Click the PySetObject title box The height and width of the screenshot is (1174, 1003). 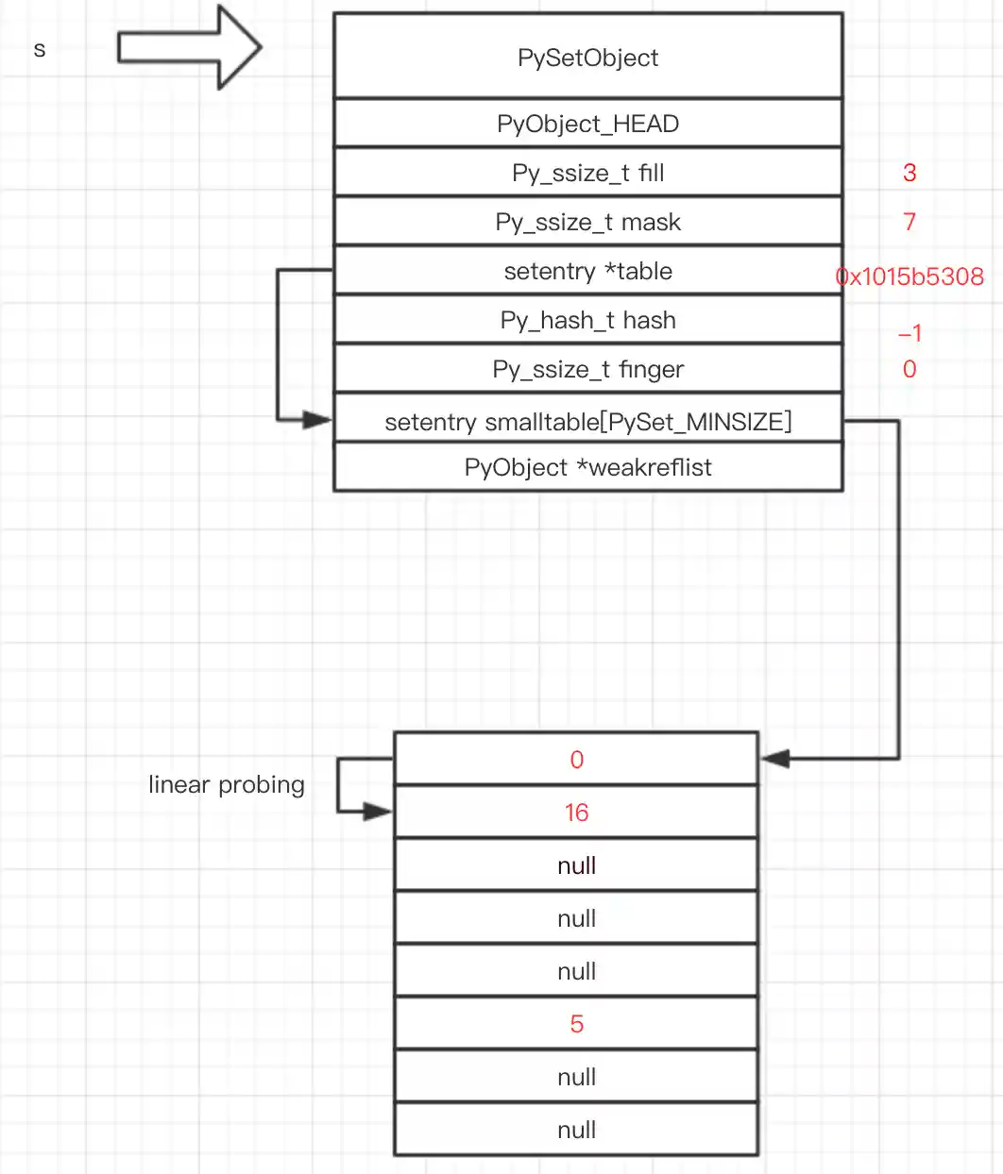tap(587, 57)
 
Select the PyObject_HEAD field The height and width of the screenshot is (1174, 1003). tap(587, 124)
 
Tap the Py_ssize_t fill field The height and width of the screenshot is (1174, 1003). tap(587, 173)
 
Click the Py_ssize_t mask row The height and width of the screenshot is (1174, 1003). tap(587, 222)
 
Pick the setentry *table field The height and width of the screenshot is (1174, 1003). tap(587, 271)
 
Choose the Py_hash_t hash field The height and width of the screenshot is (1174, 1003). tap(587, 320)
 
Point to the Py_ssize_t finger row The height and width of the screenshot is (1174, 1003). tap(587, 369)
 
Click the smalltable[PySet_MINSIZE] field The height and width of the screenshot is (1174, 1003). tap(587, 421)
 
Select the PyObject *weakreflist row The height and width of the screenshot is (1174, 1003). tap(587, 467)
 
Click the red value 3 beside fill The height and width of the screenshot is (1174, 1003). tap(909, 173)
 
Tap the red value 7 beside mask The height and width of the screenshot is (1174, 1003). tap(909, 222)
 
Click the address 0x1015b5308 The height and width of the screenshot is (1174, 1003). tap(909, 277)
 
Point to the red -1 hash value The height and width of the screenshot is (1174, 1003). tap(909, 333)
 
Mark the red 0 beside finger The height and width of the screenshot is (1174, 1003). tap(909, 369)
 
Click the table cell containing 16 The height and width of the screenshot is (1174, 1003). tap(576, 813)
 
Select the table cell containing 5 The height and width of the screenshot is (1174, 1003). tap(576, 1024)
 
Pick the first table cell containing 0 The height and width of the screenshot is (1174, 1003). tap(576, 760)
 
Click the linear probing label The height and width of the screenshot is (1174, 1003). tap(227, 785)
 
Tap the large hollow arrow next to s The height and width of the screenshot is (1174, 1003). tap(189, 47)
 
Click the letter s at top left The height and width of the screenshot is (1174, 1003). tap(40, 49)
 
